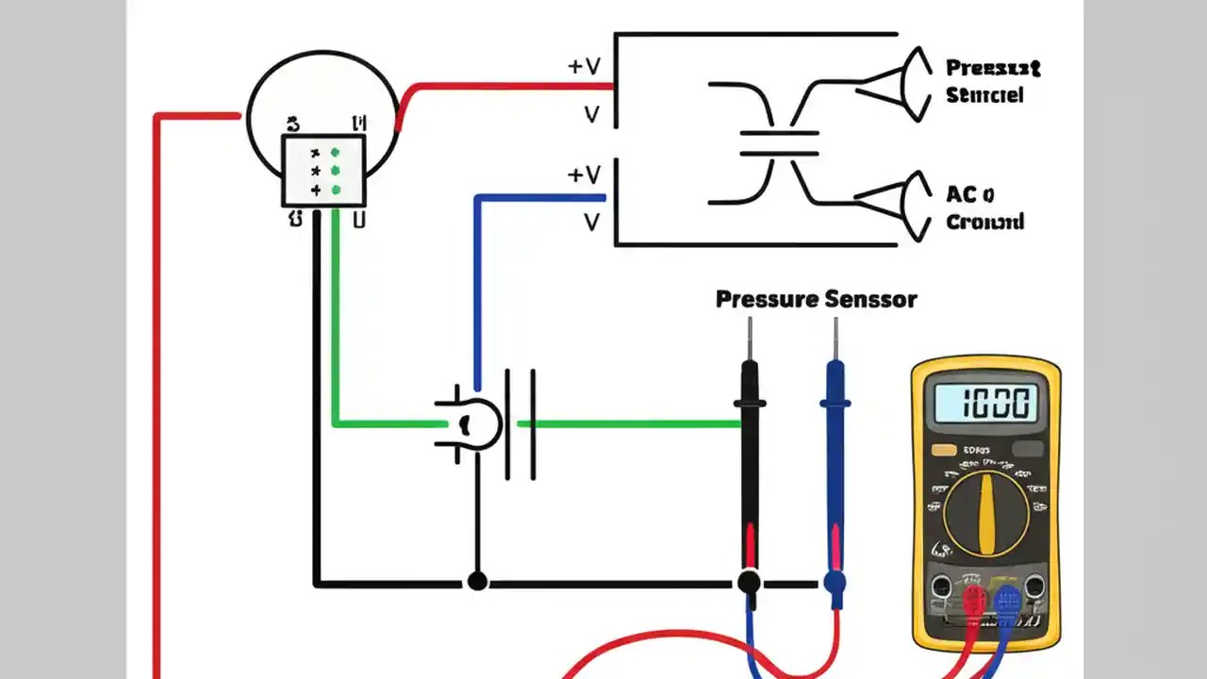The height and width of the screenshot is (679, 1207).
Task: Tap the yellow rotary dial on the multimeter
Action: point(986,513)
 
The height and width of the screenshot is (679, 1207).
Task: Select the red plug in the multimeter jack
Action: point(973,601)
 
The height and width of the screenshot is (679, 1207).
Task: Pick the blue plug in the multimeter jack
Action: point(1007,601)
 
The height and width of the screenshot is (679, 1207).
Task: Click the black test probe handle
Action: point(750,462)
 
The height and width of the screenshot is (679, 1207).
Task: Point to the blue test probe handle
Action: point(835,462)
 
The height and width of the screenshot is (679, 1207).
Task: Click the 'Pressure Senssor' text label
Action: point(816,300)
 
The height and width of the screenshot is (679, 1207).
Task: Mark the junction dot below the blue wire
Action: point(478,581)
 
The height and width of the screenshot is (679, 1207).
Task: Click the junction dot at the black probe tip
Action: point(750,582)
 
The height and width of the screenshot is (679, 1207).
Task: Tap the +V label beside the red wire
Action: point(585,67)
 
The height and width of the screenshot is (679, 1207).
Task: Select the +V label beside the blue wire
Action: point(585,175)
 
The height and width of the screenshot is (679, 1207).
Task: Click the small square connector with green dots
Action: point(323,170)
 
